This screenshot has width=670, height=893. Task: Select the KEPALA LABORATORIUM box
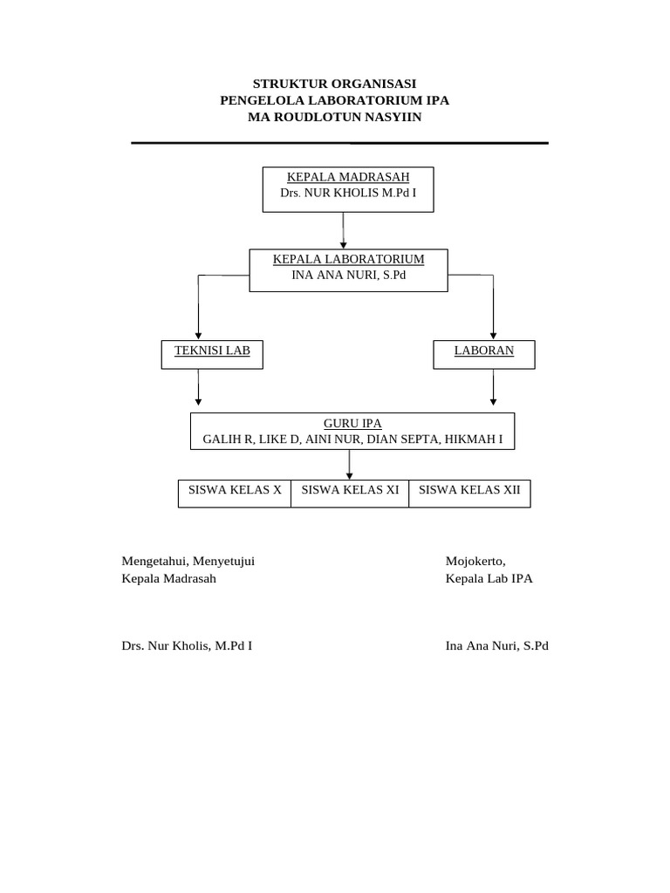point(349,270)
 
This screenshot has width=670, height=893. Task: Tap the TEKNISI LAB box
point(212,354)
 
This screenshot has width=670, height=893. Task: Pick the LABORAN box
point(484,354)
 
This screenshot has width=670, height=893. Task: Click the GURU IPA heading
point(352,424)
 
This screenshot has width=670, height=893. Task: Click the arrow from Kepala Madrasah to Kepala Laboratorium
point(344,231)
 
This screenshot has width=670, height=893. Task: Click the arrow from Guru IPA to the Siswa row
point(350,464)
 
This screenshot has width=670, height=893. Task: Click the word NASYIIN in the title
point(390,117)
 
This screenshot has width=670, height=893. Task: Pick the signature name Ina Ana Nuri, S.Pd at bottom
point(496,646)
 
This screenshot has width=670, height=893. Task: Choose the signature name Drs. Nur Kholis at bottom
point(188,646)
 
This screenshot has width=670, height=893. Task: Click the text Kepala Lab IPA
point(489,578)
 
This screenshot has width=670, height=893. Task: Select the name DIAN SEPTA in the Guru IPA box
point(402,440)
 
